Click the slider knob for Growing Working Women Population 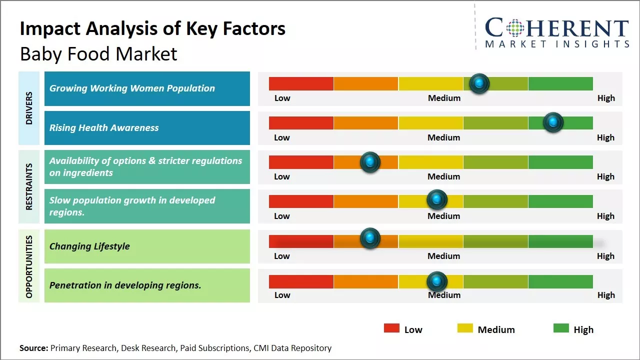tap(479, 83)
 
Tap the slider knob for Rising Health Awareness tap(553, 122)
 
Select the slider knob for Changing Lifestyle tap(370, 238)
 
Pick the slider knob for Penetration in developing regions tap(437, 281)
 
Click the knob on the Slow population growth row tap(437, 200)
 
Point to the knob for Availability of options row tap(370, 162)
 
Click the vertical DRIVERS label tap(29, 108)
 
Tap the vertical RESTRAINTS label tap(29, 186)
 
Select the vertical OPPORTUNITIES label tap(29, 266)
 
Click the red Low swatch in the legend tap(391, 328)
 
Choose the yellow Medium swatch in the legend tap(465, 328)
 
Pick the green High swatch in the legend tap(561, 328)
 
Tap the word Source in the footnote tap(33, 348)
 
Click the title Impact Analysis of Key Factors tap(152, 29)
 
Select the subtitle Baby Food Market tap(98, 53)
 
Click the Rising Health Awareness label tap(104, 128)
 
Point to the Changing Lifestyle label tap(89, 246)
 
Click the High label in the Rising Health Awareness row tap(605, 137)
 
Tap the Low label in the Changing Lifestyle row tap(282, 256)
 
